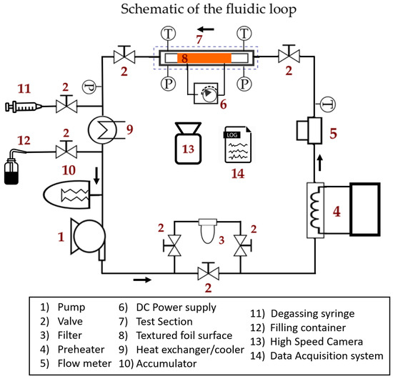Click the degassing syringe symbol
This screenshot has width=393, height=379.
(x=24, y=107)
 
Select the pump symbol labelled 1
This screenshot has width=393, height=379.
(x=88, y=237)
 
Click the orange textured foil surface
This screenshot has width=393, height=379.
(x=204, y=58)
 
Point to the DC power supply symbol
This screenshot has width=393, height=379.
(x=206, y=94)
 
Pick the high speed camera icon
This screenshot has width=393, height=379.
(x=188, y=143)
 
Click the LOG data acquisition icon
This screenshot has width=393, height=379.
(x=238, y=144)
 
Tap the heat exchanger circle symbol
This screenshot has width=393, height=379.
(x=102, y=130)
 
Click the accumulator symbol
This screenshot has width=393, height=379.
(x=67, y=195)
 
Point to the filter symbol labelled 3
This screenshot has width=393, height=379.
(x=207, y=231)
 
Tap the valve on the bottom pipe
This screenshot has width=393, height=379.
(x=208, y=271)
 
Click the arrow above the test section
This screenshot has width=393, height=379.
(x=206, y=29)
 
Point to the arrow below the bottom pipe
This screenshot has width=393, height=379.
(x=142, y=280)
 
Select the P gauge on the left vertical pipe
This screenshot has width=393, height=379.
(x=89, y=87)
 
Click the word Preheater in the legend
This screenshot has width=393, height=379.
(x=81, y=350)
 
